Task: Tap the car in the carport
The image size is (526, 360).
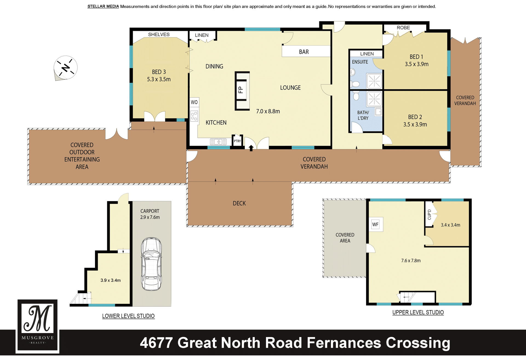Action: (x=151, y=264)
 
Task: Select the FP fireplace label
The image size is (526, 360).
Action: (x=241, y=90)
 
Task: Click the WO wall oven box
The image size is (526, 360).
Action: (x=194, y=102)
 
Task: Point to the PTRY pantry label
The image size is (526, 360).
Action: (x=237, y=141)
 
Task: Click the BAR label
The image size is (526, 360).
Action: (x=304, y=52)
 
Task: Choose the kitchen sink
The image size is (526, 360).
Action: (x=218, y=142)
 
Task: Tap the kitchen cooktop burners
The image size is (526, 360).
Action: (x=194, y=116)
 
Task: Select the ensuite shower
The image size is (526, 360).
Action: (x=374, y=81)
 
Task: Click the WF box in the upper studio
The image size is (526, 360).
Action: (x=375, y=224)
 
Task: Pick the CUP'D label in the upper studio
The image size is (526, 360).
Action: (x=429, y=215)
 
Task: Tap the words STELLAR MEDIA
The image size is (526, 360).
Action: (x=103, y=6)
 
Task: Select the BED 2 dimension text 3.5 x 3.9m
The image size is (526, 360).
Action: (x=415, y=124)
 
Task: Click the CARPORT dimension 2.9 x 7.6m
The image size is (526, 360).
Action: (x=150, y=217)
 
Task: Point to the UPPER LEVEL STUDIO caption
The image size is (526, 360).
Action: (x=418, y=312)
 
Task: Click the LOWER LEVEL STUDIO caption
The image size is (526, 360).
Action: (x=128, y=316)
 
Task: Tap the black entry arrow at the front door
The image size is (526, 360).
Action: (x=251, y=148)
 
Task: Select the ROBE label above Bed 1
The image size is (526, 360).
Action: (x=403, y=28)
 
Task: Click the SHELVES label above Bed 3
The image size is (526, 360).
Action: (x=159, y=34)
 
